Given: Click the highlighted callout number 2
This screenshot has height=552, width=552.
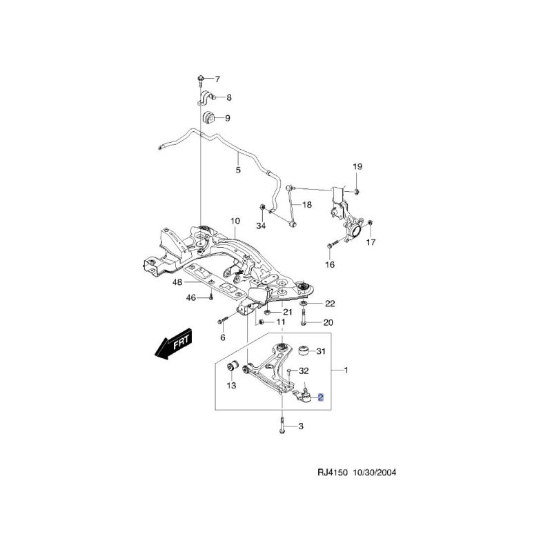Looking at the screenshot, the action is click(320, 398).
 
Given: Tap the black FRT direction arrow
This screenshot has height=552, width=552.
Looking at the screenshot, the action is click(173, 344).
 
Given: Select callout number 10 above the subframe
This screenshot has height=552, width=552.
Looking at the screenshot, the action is click(235, 221).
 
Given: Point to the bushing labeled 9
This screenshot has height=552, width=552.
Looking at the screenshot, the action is click(208, 117).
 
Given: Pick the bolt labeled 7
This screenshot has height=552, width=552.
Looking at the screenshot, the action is click(200, 81).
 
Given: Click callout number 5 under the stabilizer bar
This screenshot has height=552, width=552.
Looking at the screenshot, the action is click(238, 170).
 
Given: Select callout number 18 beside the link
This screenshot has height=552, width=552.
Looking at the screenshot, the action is click(307, 204).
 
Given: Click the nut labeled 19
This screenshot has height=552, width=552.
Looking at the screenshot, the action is click(356, 192).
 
